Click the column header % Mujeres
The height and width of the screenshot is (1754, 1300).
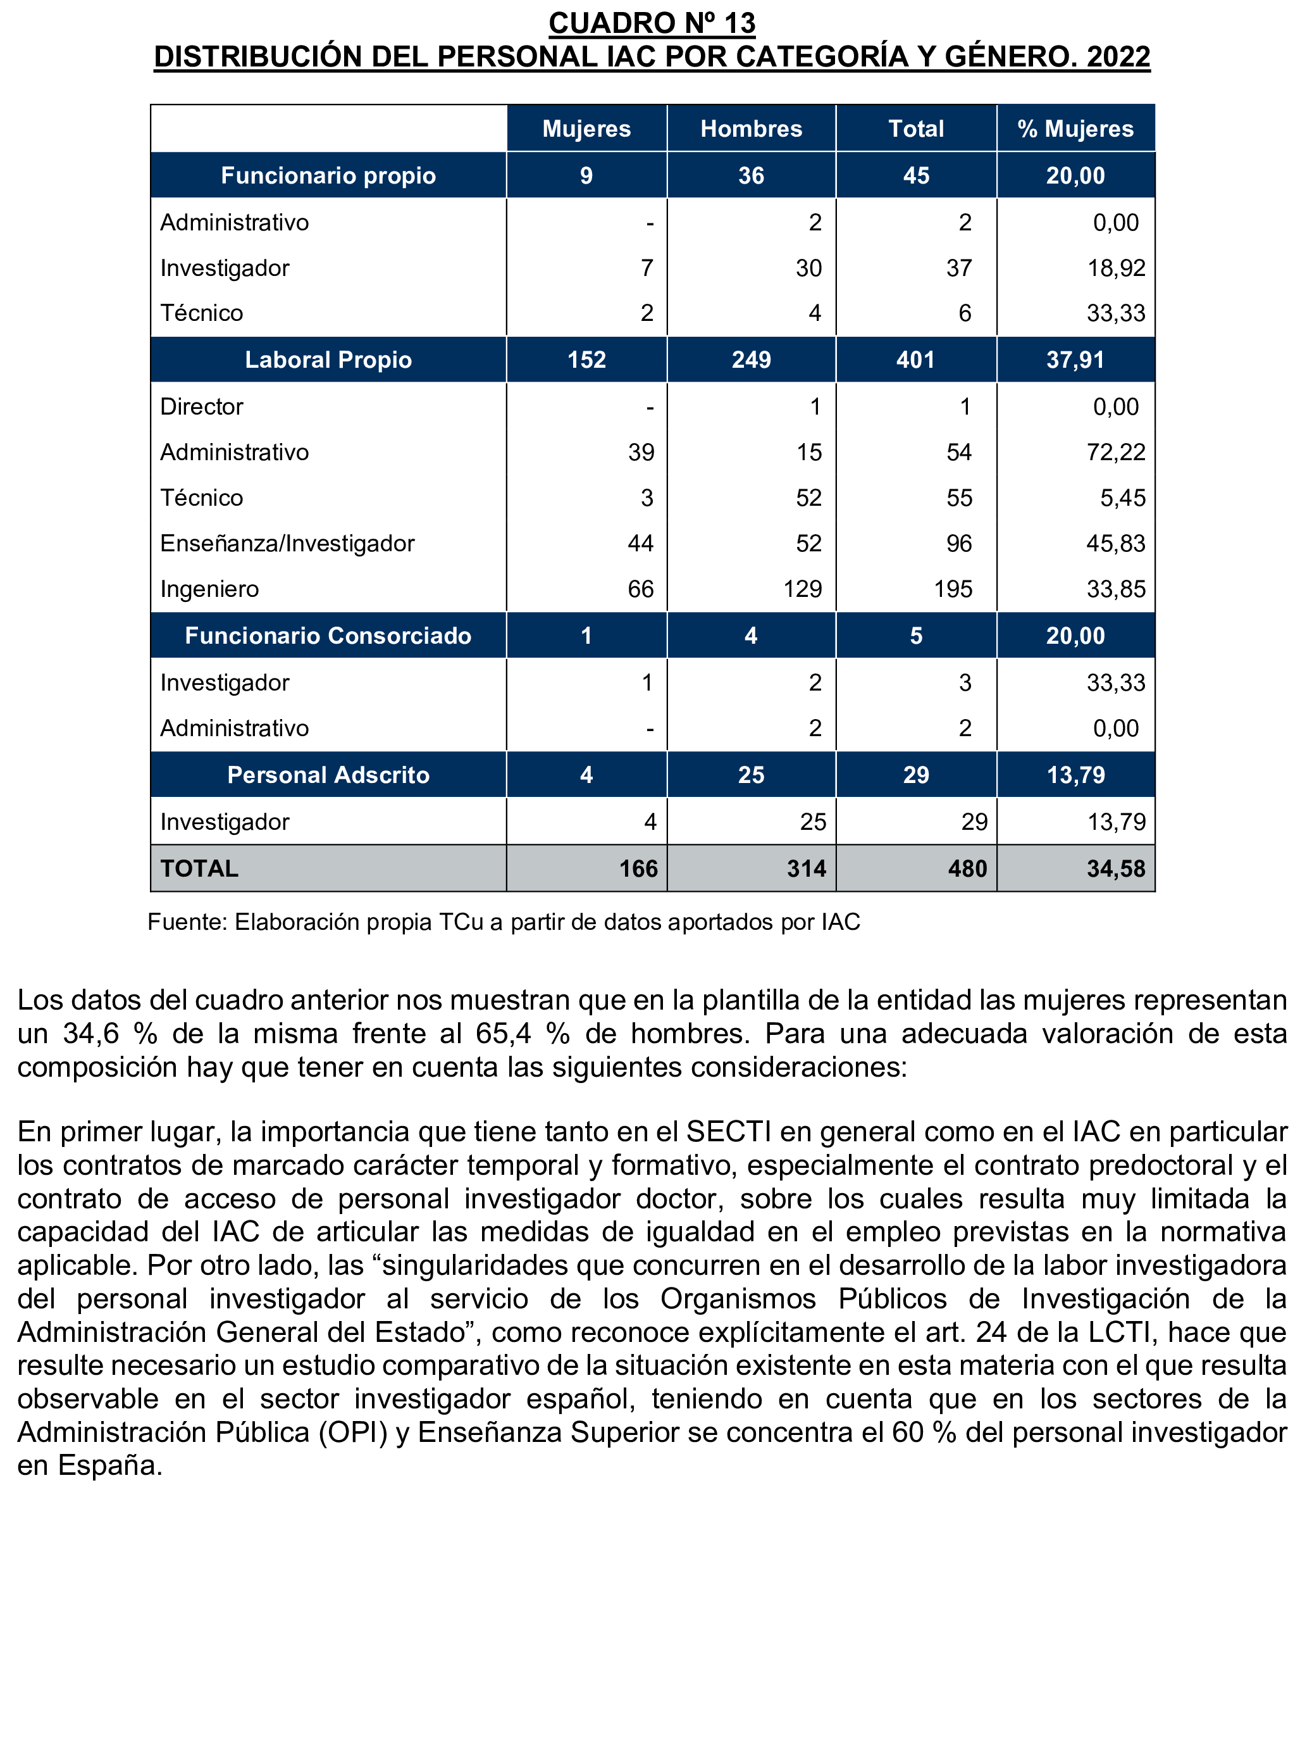[1075, 128]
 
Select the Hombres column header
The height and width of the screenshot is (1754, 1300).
[751, 128]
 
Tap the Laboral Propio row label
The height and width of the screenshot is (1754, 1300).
[328, 360]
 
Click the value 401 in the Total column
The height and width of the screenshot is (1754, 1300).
[916, 360]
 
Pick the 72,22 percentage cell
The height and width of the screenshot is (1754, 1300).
[1115, 452]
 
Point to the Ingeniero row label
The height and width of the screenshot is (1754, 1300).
[209, 589]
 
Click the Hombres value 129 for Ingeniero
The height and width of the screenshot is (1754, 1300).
[802, 589]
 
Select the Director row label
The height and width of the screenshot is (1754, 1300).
[201, 406]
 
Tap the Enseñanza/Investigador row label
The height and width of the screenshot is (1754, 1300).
[287, 543]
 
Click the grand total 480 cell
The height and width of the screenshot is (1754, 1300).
[967, 868]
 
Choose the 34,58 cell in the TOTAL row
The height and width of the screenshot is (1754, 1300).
[1115, 868]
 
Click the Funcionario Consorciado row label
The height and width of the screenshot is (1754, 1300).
[328, 636]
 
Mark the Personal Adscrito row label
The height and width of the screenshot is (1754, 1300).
[328, 775]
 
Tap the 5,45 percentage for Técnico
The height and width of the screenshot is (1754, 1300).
[1122, 498]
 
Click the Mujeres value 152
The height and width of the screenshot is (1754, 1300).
[586, 360]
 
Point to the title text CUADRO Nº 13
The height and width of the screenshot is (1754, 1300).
[652, 23]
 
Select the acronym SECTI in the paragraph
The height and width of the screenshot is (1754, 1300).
[729, 1131]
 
